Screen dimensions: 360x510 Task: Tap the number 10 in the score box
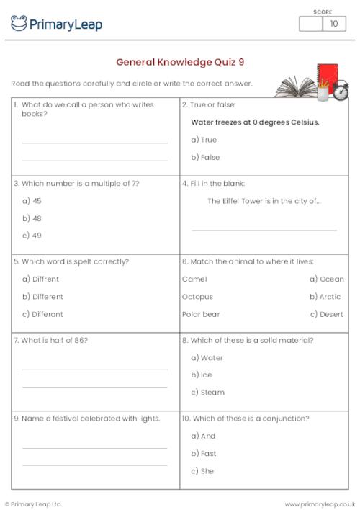(333, 24)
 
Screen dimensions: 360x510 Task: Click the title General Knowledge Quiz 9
(180, 62)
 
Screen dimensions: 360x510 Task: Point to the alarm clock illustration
(340, 91)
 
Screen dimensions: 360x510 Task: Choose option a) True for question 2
(204, 140)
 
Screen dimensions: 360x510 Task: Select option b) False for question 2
(205, 157)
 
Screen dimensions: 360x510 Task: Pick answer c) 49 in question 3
(32, 236)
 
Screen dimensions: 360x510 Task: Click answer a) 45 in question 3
(32, 201)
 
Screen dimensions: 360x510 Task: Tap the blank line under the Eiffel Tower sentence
(264, 229)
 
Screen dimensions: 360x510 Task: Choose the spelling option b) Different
(42, 297)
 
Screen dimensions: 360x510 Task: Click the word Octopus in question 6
(198, 297)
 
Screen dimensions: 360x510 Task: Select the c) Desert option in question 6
(327, 314)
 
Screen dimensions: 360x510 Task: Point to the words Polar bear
(202, 314)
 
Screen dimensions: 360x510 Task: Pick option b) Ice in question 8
(202, 375)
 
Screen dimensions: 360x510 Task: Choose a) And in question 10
(203, 436)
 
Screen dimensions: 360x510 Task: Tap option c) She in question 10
(202, 471)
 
